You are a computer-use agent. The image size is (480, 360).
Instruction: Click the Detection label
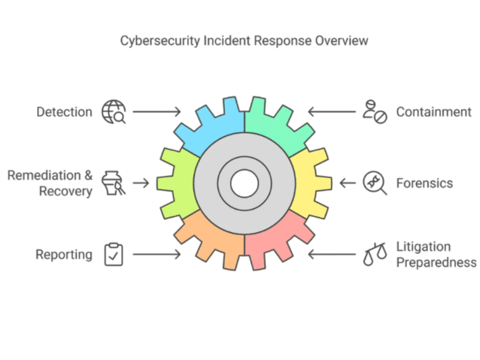pos(64,112)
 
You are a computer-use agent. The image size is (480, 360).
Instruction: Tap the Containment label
pos(434,112)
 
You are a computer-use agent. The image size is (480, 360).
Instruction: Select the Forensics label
pos(424,183)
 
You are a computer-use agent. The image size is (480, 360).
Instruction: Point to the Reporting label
pos(64,254)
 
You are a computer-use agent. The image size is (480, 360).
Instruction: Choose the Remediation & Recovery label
pos(50,183)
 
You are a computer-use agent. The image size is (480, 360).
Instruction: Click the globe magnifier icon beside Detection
pos(114,112)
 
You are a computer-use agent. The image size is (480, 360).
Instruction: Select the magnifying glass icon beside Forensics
pos(375,182)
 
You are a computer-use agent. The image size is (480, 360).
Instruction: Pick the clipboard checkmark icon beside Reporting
pos(113,254)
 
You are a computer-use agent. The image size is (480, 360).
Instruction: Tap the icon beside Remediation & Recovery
pos(113,183)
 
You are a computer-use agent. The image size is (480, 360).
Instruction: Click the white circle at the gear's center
pos(244,183)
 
